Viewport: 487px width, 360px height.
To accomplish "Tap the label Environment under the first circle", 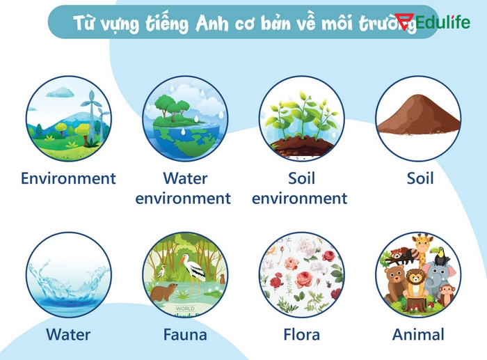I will coord(68,178).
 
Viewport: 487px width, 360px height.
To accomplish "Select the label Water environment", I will coord(184,188).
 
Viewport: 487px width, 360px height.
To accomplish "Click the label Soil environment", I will coord(300,188).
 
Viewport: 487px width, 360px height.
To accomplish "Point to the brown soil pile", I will coord(417,119).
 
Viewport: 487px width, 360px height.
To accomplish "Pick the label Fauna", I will coord(185,335).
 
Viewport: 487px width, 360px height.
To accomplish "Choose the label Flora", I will coord(301,335).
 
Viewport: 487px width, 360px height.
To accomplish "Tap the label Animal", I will coord(418,335).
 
